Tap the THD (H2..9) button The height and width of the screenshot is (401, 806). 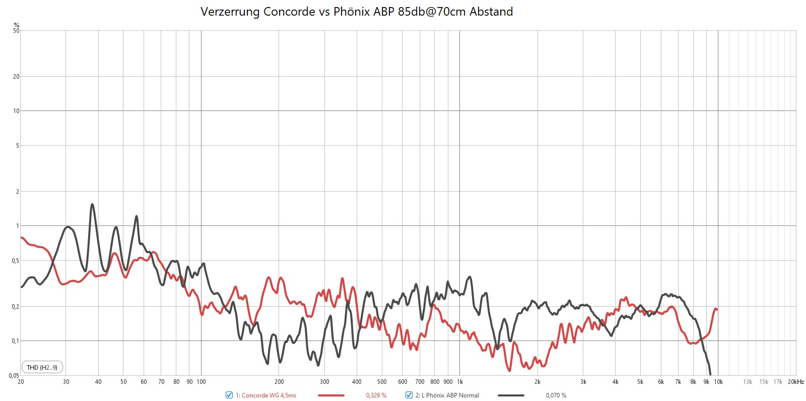[x=42, y=367]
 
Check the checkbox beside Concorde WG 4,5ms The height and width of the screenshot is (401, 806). [x=229, y=395]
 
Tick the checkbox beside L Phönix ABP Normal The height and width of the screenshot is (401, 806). [x=409, y=395]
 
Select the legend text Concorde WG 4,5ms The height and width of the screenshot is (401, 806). [x=266, y=395]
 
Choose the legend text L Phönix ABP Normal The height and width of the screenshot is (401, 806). [x=447, y=395]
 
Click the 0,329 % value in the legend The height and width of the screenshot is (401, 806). [x=376, y=395]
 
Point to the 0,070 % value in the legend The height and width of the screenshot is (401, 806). [x=556, y=395]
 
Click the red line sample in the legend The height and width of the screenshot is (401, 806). [x=331, y=395]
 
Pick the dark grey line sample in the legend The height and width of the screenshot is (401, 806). [x=511, y=395]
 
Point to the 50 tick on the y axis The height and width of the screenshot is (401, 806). [x=17, y=31]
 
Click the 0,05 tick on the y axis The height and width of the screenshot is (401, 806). [x=14, y=375]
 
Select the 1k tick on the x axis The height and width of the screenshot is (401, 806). [x=459, y=382]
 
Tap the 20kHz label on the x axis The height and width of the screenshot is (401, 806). [x=796, y=382]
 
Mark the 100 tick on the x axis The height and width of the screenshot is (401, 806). [x=201, y=382]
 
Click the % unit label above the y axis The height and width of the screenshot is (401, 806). [x=17, y=25]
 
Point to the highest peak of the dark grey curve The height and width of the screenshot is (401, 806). [x=92, y=204]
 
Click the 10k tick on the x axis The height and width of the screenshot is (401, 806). [x=718, y=382]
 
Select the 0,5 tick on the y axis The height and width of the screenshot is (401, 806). [x=16, y=261]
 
